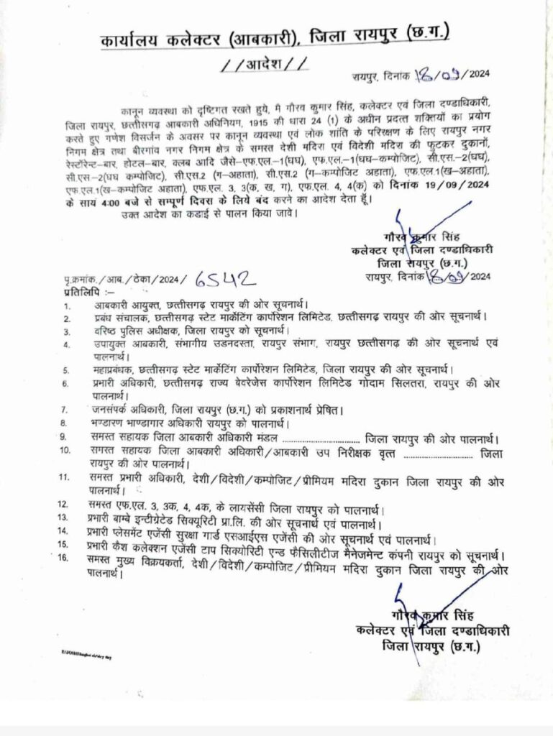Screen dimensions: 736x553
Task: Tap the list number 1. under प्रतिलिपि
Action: [66, 305]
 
